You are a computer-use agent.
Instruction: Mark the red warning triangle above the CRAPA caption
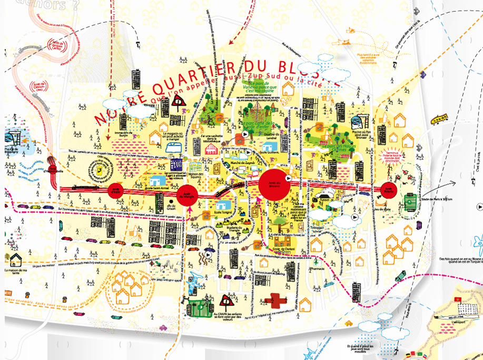[226, 301]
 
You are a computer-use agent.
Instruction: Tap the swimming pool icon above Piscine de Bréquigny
[12, 138]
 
